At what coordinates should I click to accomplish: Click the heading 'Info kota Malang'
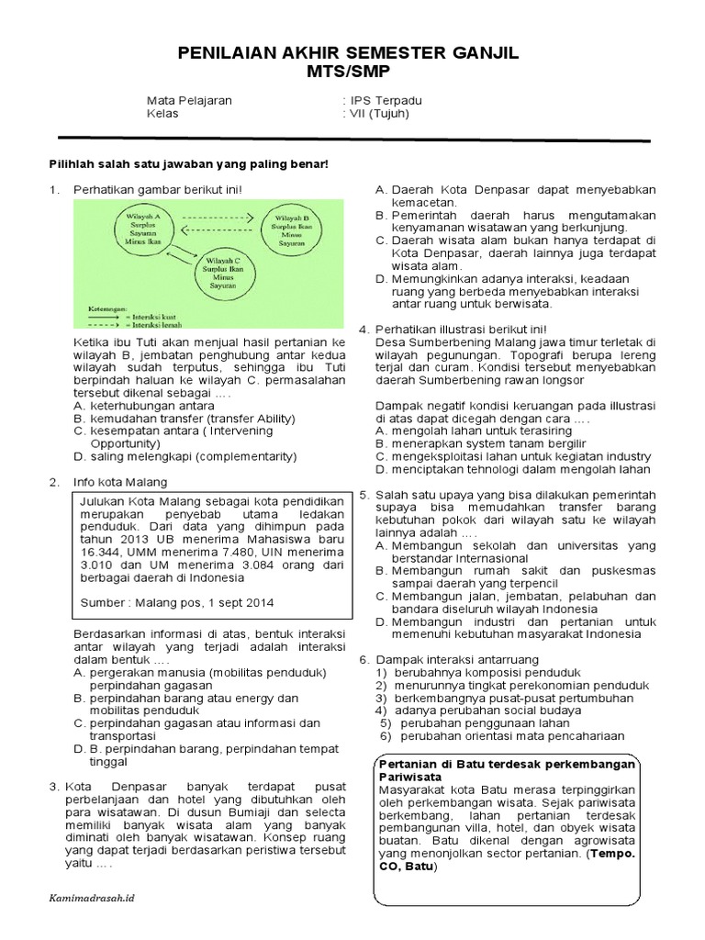pyautogui.click(x=121, y=482)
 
